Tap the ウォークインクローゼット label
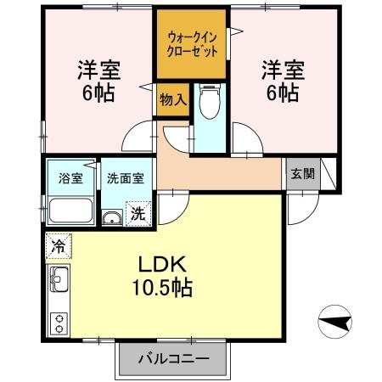(x=191, y=44)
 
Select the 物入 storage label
(x=172, y=99)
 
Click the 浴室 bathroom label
(x=70, y=178)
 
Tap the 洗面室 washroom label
(x=125, y=178)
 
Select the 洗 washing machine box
(x=138, y=212)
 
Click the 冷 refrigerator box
(x=56, y=244)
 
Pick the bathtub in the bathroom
(x=70, y=210)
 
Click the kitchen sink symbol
(x=59, y=277)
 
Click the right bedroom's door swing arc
(x=246, y=136)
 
